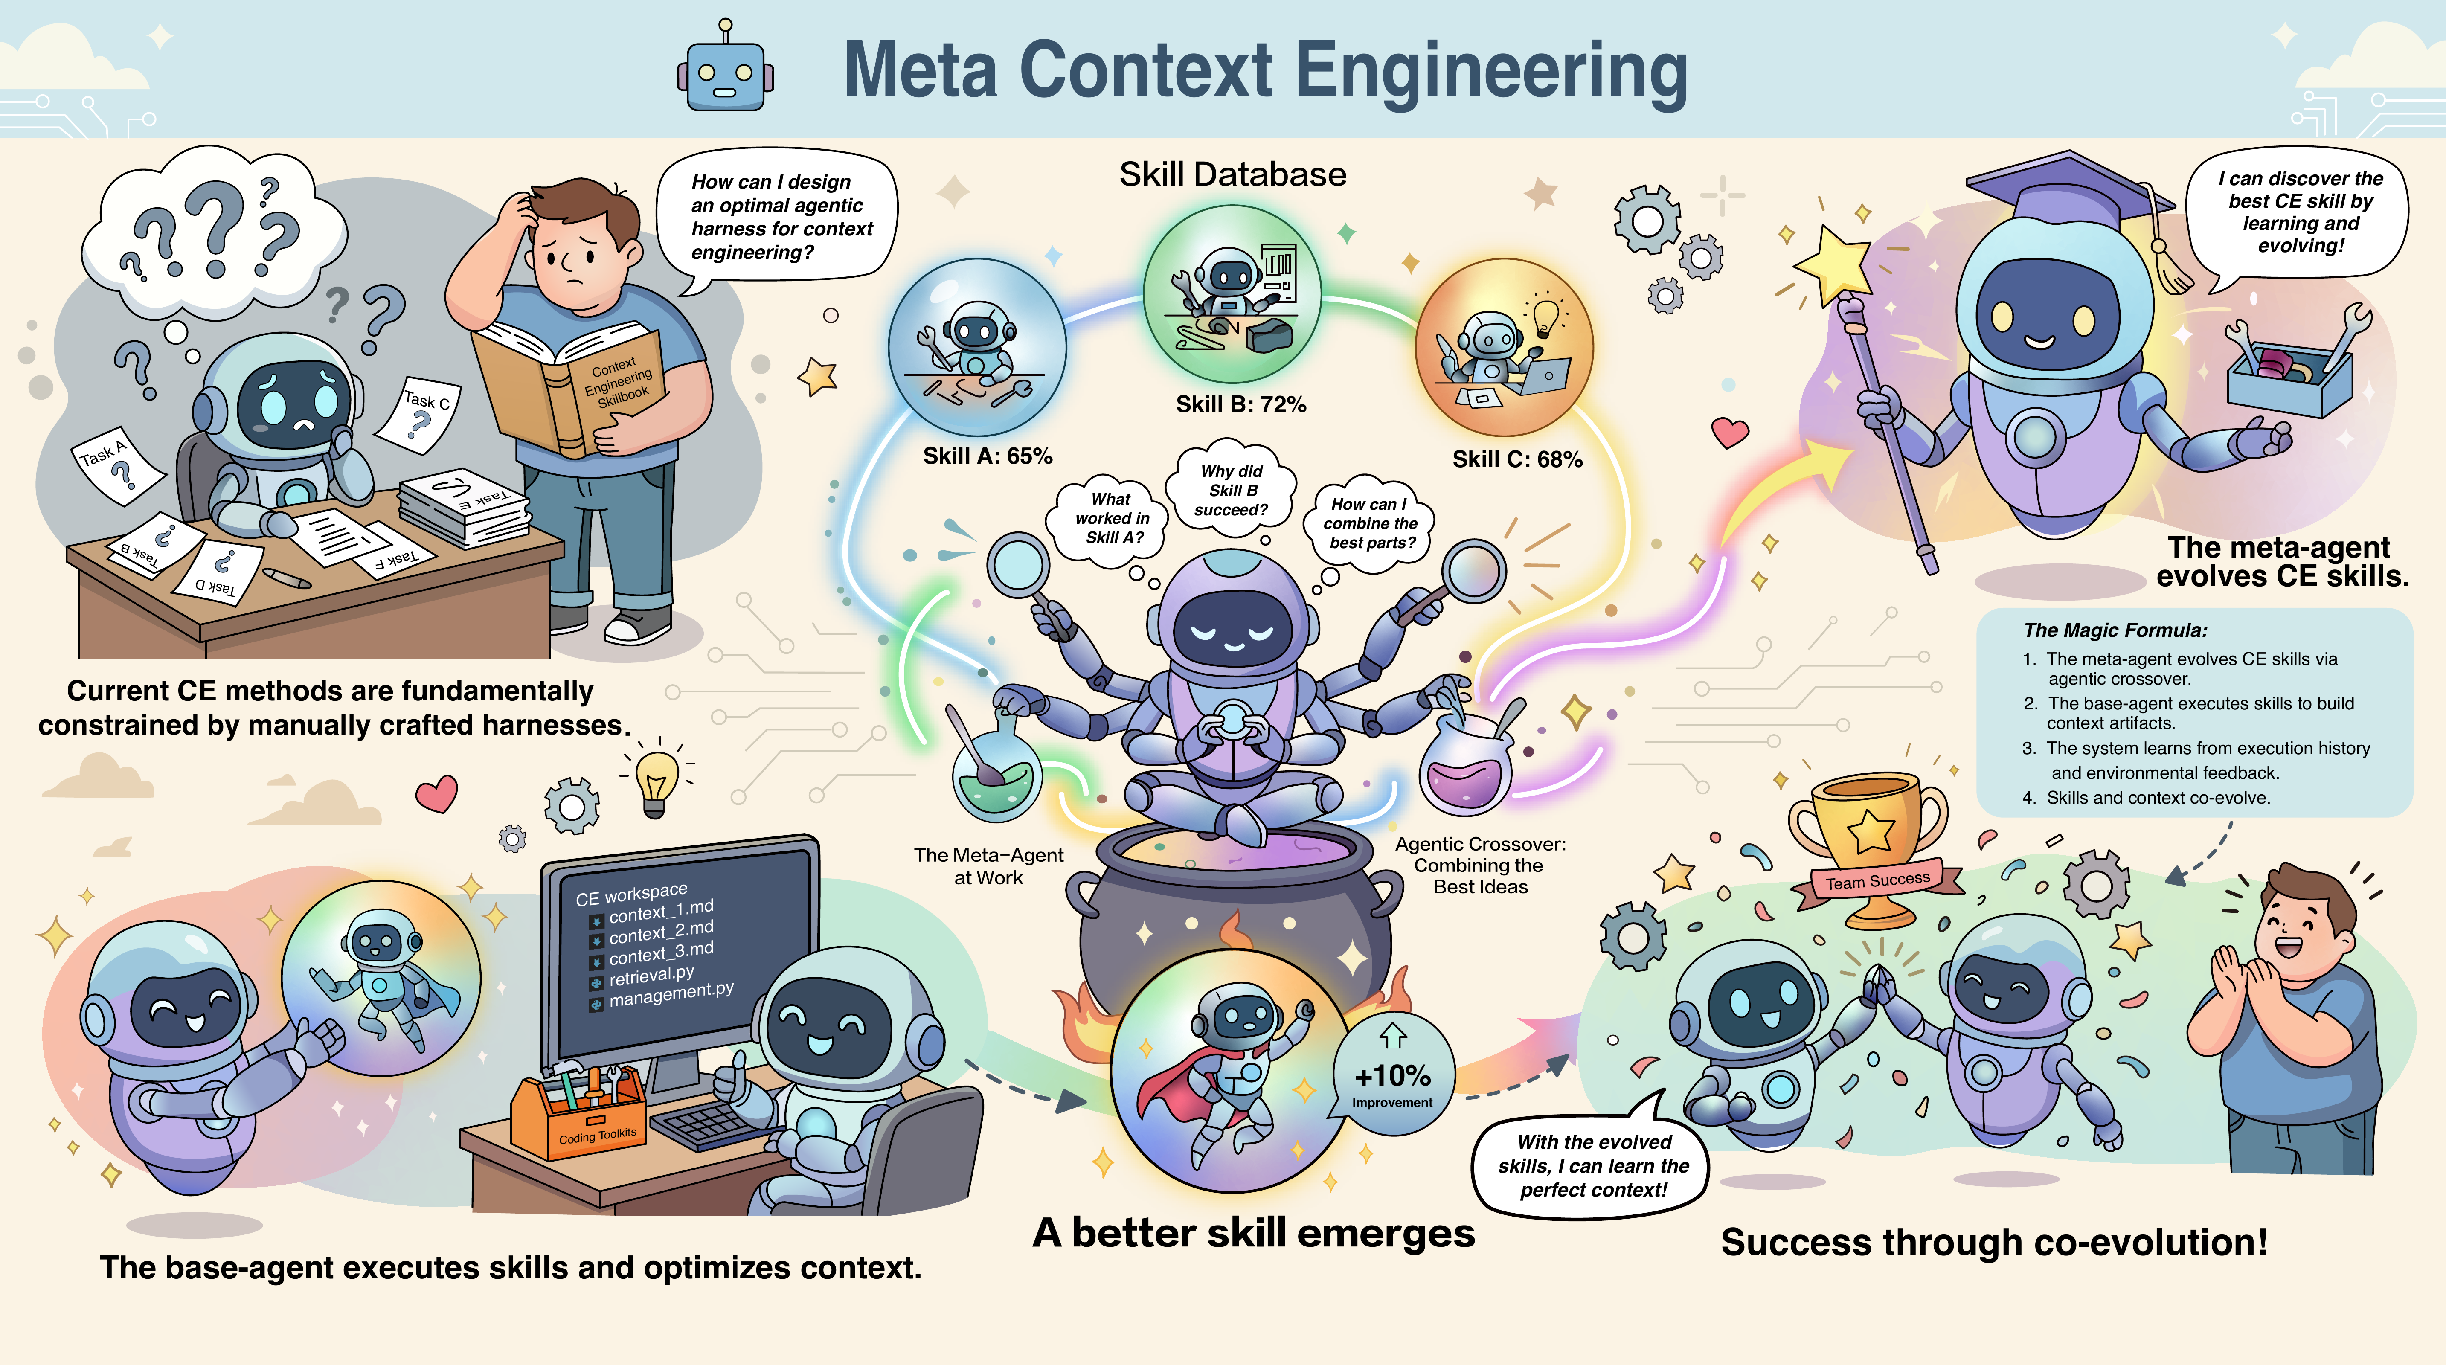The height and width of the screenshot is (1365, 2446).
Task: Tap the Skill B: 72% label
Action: click(1241, 404)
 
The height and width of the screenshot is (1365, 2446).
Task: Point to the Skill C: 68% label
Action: click(1517, 459)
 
